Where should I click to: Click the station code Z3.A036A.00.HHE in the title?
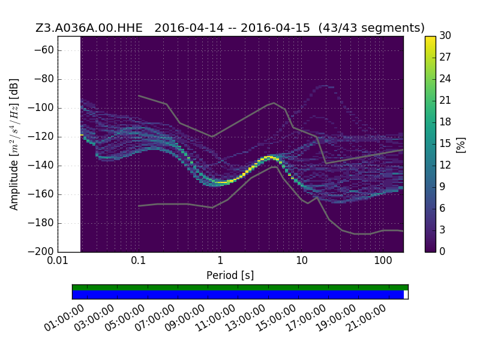click(x=89, y=28)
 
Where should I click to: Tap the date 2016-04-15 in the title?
click(x=275, y=28)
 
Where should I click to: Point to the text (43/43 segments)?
click(x=371, y=28)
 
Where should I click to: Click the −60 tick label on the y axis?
click(x=44, y=50)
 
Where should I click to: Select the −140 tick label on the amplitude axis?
click(x=41, y=166)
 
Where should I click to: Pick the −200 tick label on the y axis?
click(x=41, y=251)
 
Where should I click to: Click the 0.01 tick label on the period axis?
click(x=58, y=260)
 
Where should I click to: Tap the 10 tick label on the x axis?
click(x=302, y=260)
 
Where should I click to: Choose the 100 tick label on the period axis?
click(x=383, y=260)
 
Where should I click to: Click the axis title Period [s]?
click(x=230, y=275)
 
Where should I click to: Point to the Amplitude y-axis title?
click(x=14, y=144)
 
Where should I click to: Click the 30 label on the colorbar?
click(x=445, y=35)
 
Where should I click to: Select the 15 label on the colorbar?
click(x=445, y=143)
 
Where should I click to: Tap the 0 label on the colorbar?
click(x=442, y=251)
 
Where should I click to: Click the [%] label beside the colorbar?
click(x=461, y=145)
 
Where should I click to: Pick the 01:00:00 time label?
click(x=64, y=318)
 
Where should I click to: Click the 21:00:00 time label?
click(x=365, y=318)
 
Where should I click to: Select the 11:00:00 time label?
click(x=215, y=318)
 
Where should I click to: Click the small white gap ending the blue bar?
click(x=406, y=295)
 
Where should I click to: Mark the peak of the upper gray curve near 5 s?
click(x=274, y=103)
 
